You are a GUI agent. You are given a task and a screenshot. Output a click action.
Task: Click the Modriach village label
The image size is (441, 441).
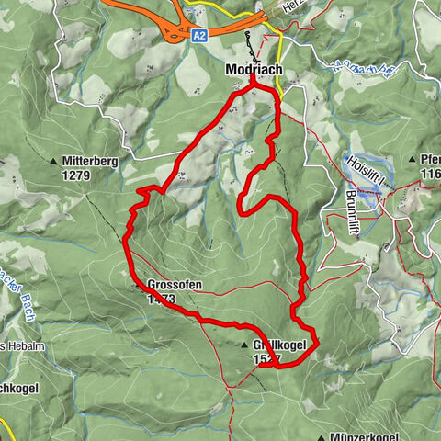pos(253,69)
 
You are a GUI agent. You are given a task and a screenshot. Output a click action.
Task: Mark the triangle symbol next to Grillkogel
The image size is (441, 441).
pos(244,346)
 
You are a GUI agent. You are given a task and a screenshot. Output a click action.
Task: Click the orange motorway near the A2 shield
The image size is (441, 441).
pos(138,8)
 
